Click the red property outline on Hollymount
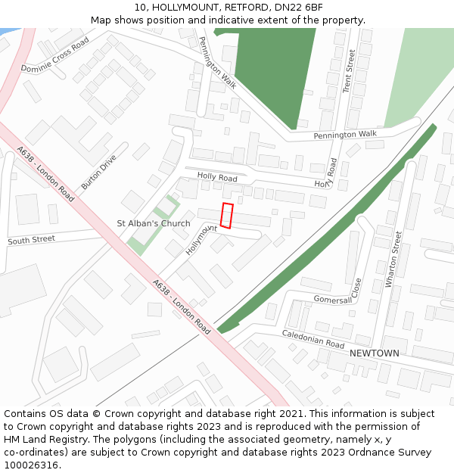[227, 216]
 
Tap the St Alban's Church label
[154, 223]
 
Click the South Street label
[31, 240]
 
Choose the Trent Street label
[350, 71]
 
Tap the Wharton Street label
[393, 259]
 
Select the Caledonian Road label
[313, 338]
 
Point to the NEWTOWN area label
[374, 353]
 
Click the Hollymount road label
[201, 239]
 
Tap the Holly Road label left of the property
[217, 177]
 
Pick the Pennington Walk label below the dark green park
[345, 135]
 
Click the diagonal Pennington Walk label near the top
[217, 63]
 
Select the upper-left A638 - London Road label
[45, 173]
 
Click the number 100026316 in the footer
[31, 465]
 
